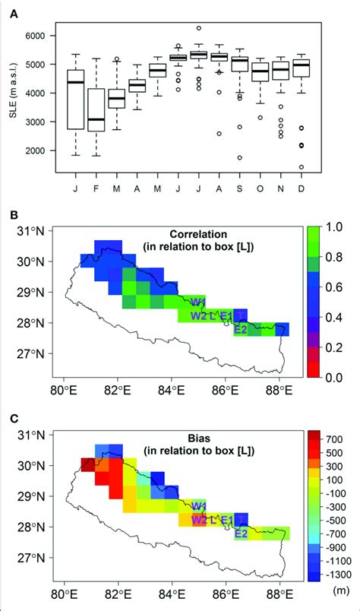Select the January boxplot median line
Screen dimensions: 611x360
click(x=75, y=82)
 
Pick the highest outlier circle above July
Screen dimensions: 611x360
click(x=198, y=28)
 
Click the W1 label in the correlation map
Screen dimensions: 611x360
click(x=199, y=302)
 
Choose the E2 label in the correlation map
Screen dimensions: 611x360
click(x=241, y=329)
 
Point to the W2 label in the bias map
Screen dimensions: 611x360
click(x=200, y=521)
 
